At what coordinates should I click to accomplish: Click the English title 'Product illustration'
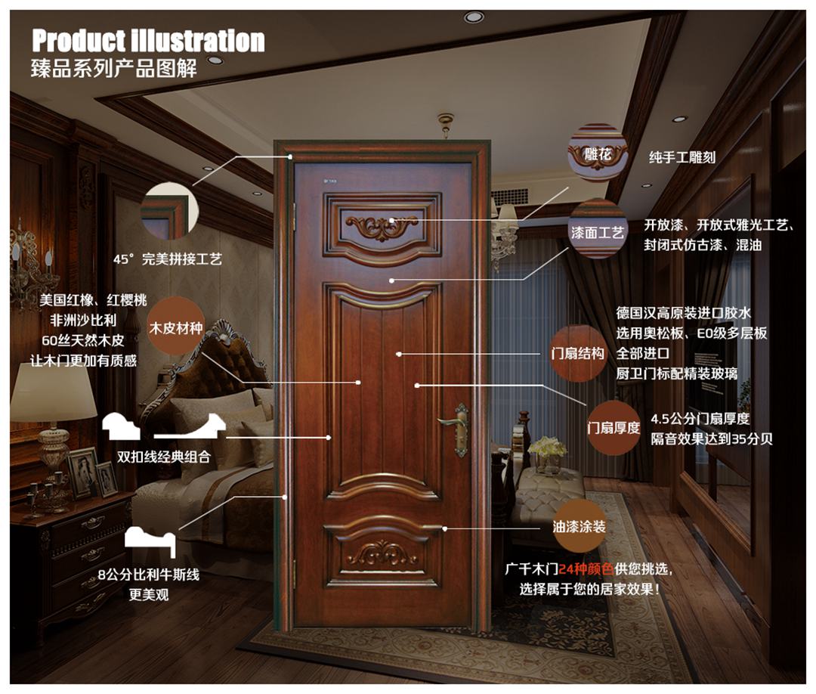pyautogui.click(x=148, y=40)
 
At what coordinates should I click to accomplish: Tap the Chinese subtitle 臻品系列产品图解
pyautogui.click(x=114, y=67)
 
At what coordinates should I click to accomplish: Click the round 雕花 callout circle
pyautogui.click(x=598, y=153)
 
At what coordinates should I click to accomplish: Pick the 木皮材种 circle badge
pyautogui.click(x=175, y=327)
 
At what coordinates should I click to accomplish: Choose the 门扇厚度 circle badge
pyautogui.click(x=614, y=427)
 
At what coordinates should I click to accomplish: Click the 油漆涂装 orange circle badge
pyautogui.click(x=580, y=525)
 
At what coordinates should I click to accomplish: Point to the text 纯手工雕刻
pyautogui.click(x=682, y=158)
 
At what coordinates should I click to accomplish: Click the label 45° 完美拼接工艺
pyautogui.click(x=168, y=259)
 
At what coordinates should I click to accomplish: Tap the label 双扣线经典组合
pyautogui.click(x=163, y=457)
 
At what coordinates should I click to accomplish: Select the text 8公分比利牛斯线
pyautogui.click(x=148, y=575)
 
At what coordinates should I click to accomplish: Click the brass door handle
pyautogui.click(x=456, y=428)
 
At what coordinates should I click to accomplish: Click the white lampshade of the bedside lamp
pyautogui.click(x=53, y=392)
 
